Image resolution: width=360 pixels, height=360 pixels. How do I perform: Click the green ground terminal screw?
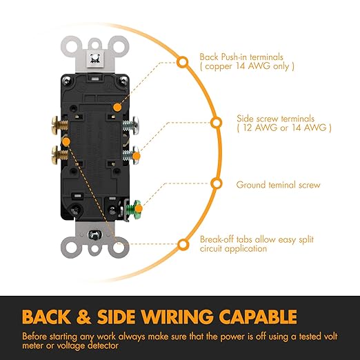coord(133,208)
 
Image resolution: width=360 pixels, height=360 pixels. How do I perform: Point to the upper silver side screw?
coord(130,126)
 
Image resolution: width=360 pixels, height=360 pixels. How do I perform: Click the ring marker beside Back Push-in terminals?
coord(182,62)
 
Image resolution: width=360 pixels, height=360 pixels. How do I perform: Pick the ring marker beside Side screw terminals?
coord(216,123)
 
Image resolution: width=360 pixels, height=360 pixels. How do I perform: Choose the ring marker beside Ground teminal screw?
coord(217,183)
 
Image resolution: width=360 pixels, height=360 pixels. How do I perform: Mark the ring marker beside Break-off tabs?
coord(183,245)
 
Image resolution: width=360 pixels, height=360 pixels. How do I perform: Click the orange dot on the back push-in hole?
coord(117,107)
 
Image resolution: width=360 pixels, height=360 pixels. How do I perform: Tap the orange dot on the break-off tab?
coord(66,141)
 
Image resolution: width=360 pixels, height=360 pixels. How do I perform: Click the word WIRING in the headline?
coord(177,317)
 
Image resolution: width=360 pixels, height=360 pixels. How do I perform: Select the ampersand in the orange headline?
coord(83,317)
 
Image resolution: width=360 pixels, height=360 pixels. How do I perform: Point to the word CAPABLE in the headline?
coord(258,317)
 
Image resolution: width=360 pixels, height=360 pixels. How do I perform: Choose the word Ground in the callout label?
coord(251,185)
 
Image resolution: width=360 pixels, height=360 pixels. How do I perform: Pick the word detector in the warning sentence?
coord(99,346)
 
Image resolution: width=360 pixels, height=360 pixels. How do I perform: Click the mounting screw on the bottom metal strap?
coord(95,234)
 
